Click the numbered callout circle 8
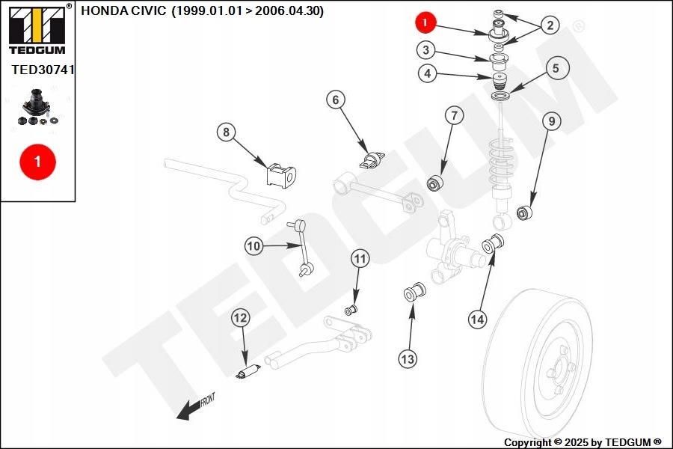[x=226, y=132]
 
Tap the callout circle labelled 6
[x=336, y=100]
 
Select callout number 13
[x=408, y=358]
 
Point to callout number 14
[x=477, y=320]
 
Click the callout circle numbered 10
[x=253, y=246]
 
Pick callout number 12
[x=240, y=318]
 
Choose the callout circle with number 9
[x=552, y=121]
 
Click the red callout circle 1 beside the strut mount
[x=425, y=22]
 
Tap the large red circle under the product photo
[x=38, y=162]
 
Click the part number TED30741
[x=43, y=69]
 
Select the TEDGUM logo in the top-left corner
[x=38, y=28]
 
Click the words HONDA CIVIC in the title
[x=123, y=10]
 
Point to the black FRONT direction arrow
[x=196, y=407]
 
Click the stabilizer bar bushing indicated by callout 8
[x=281, y=175]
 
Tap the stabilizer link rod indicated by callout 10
[x=302, y=248]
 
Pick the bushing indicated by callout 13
[x=414, y=292]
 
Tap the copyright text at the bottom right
[x=583, y=442]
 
